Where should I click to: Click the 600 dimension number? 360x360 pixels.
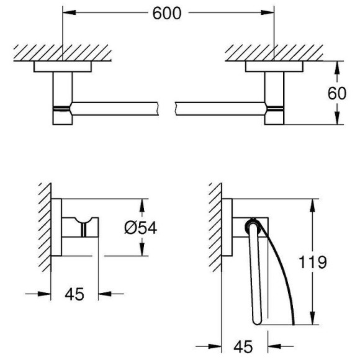tap(169, 14)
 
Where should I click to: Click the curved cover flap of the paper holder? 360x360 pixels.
tap(282, 273)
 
